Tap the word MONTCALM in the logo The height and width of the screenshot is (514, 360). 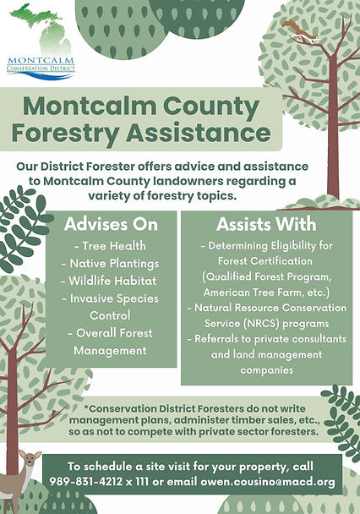pos(41,61)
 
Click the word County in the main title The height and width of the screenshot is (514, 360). pos(211,107)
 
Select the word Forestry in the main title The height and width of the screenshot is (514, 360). pos(66,133)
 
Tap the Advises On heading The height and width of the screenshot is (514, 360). pos(111,224)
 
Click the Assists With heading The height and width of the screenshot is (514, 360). pos(266,224)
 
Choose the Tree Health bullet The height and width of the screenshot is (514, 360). pos(111,246)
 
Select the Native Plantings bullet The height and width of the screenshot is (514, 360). pos(111,264)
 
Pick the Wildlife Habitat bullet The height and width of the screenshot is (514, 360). pos(109,281)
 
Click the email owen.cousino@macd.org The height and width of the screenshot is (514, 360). pos(268,482)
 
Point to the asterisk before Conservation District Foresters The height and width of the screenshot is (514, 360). pos(86,407)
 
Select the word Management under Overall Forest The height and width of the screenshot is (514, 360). pos(110,351)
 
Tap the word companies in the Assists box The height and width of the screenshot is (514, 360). pos(267,370)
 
